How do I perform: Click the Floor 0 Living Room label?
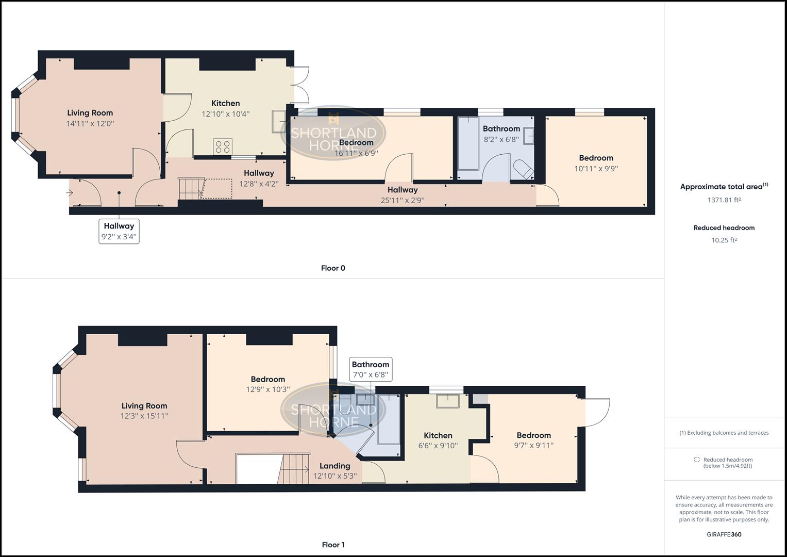90,113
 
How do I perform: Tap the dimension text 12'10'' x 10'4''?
225,114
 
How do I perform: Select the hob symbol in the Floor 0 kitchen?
223,146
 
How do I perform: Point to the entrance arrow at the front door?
70,193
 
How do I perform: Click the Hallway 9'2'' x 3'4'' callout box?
119,231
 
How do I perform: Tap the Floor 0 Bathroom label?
501,128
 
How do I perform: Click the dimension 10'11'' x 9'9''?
596,169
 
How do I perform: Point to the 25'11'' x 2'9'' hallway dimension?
403,200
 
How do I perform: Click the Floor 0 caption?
333,268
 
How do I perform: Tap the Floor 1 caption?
333,545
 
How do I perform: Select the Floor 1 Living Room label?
144,406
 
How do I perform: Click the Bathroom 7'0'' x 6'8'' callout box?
371,369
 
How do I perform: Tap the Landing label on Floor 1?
334,466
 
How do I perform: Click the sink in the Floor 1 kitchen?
448,401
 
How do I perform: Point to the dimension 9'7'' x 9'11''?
533,446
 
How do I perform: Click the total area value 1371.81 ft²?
724,200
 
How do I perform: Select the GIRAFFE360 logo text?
724,534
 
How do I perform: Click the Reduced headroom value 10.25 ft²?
724,240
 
